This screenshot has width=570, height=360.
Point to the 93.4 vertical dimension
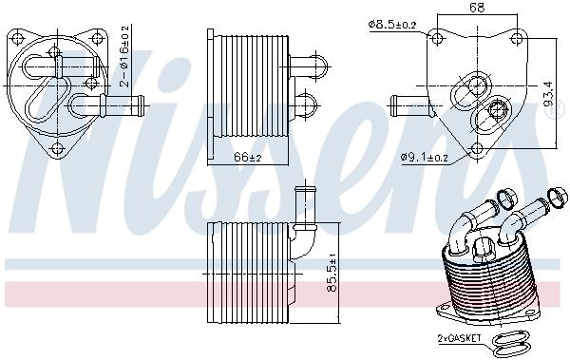[x=548, y=92]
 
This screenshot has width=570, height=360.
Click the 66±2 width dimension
[x=248, y=156]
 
